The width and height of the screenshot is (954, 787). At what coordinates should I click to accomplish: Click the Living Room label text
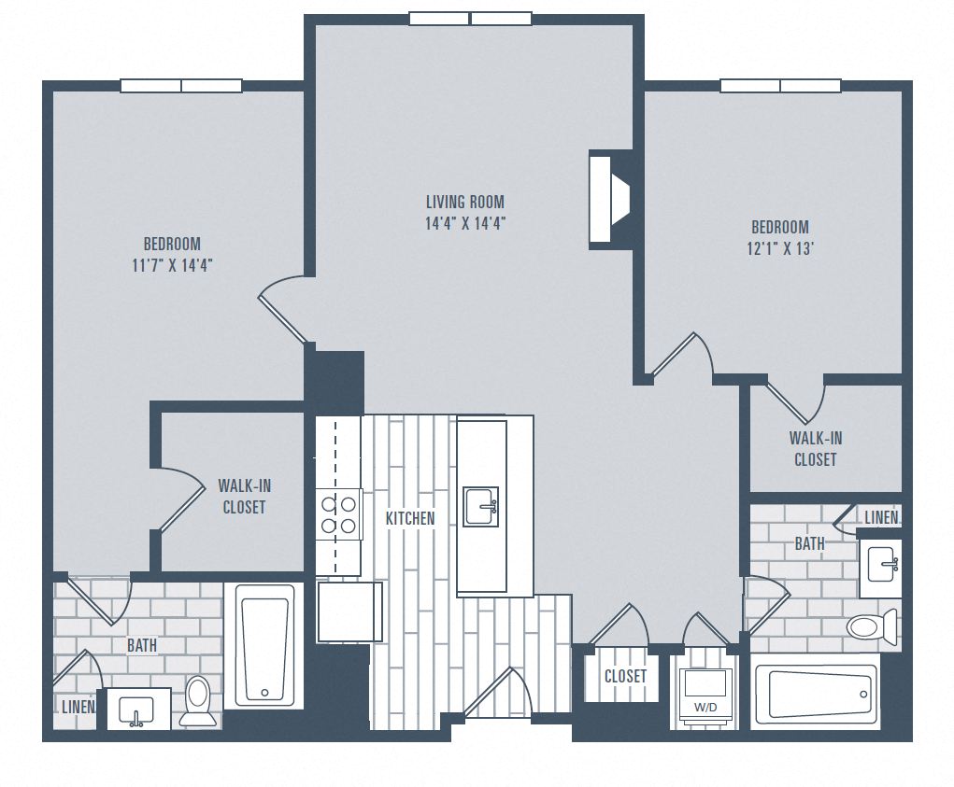coord(464,202)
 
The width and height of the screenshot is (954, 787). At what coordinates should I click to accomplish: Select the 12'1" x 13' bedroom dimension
coord(779,248)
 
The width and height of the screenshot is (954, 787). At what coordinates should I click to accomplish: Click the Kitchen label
coord(410,518)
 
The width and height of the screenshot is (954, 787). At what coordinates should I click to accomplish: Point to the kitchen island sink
coord(481,506)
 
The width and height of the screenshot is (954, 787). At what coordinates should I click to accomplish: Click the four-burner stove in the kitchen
coord(339,514)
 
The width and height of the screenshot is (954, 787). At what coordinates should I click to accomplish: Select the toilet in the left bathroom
coord(197,699)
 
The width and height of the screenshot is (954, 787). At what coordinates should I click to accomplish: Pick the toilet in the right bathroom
coord(871,625)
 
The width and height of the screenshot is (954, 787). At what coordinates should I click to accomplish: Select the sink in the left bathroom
coord(137,708)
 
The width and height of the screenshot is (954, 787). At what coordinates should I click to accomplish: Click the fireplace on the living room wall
coord(608,200)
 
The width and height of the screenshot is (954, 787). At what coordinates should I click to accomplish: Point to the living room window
coord(469,19)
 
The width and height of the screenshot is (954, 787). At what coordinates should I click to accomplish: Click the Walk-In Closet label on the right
coord(815,448)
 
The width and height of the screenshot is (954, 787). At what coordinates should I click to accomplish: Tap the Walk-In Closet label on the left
coord(244,496)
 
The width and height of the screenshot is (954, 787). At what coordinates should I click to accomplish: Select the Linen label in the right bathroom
coord(881,517)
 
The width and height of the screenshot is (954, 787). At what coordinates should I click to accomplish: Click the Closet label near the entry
coord(625,676)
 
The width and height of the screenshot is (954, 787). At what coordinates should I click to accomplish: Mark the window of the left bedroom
coord(180,86)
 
